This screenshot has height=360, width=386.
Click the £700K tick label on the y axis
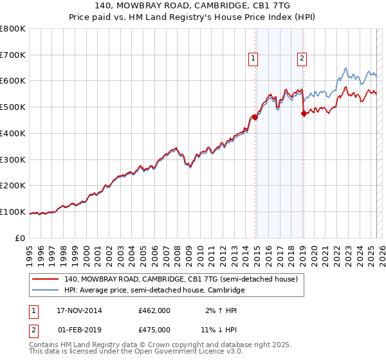click(13, 55)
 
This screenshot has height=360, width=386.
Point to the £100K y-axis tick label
click(13, 212)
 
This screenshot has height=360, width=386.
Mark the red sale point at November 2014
click(255, 117)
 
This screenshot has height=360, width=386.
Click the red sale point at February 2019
click(304, 114)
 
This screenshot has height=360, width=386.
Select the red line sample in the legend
click(45, 280)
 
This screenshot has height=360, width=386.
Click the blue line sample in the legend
click(45, 291)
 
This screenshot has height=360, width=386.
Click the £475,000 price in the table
click(154, 330)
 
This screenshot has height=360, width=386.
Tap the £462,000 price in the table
click(154, 310)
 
